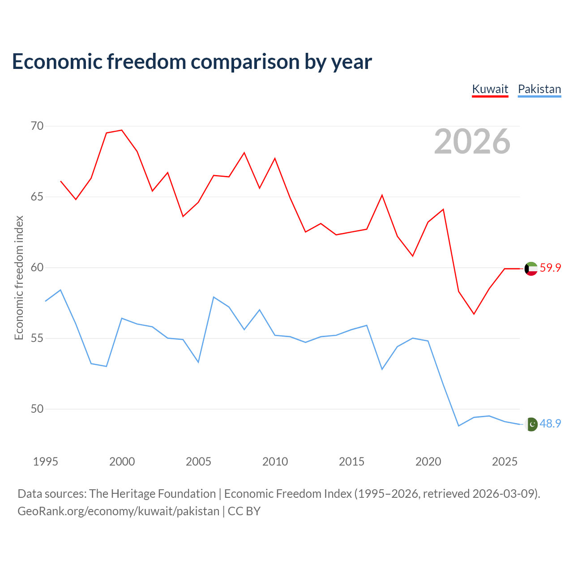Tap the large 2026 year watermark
tap(472, 141)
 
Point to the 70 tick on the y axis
tap(37, 126)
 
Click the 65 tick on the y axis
tap(37, 197)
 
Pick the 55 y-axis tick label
tap(37, 338)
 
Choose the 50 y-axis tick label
tap(37, 409)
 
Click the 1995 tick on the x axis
tap(46, 462)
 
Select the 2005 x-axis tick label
tap(198, 462)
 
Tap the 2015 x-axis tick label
tap(351, 462)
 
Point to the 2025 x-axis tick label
tap(505, 462)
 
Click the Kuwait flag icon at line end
tap(531, 269)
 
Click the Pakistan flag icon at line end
tap(531, 424)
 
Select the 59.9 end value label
tap(551, 268)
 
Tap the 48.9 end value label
tap(551, 423)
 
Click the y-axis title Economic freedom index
tap(19, 278)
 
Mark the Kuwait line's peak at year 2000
tap(122, 130)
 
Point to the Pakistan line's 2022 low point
tap(459, 426)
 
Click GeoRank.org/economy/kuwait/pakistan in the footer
tap(118, 512)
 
